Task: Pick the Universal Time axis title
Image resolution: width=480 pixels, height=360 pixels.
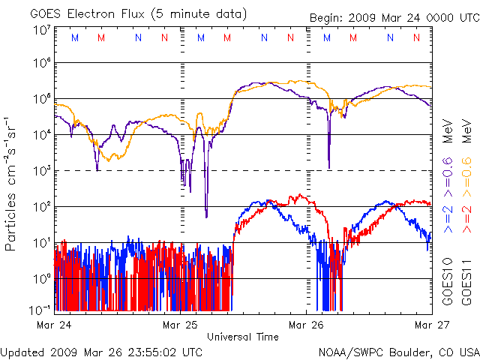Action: click(x=243, y=337)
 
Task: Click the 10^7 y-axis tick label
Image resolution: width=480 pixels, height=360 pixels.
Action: click(x=42, y=31)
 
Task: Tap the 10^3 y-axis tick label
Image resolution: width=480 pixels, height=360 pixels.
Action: click(x=42, y=171)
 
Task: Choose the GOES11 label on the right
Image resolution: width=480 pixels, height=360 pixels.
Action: click(x=465, y=279)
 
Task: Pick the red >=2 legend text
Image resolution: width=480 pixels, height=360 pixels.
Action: click(x=465, y=217)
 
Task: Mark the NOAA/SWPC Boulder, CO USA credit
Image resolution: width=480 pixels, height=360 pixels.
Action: click(x=398, y=351)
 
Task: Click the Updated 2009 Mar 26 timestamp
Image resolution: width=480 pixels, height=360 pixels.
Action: click(x=101, y=351)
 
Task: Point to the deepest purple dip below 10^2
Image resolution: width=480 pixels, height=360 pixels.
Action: click(x=206, y=216)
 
